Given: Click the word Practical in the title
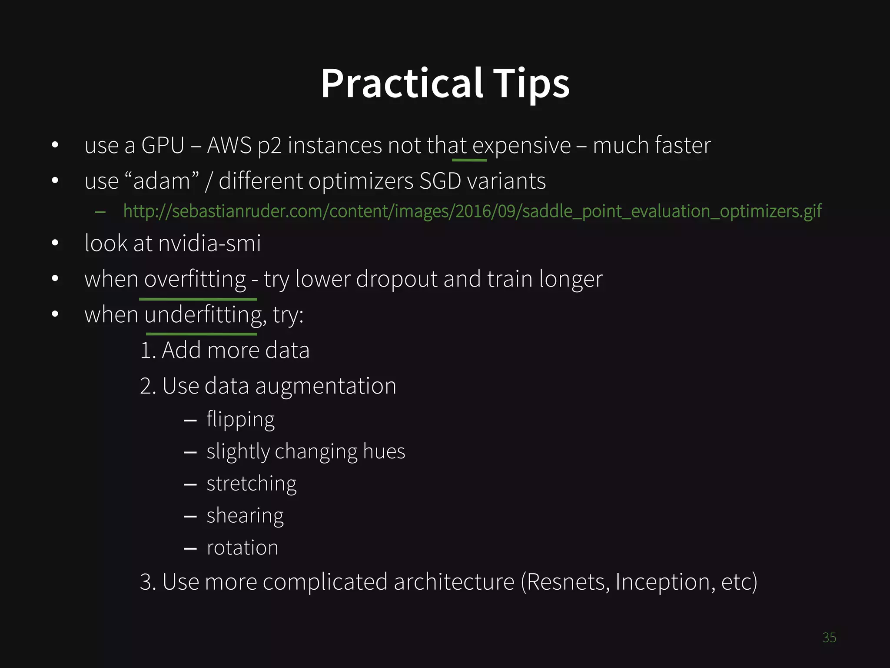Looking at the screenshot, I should (x=402, y=83).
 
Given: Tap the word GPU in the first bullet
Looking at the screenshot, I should (x=163, y=145).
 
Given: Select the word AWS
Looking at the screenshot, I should (x=229, y=145).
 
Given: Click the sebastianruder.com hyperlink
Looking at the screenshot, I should (x=472, y=211).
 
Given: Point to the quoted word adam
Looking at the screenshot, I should (x=162, y=181).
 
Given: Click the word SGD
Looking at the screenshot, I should (x=440, y=181).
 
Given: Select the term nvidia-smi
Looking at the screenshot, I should (x=209, y=243).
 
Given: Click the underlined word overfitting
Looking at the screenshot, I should (x=195, y=279).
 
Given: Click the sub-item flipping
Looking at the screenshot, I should (x=240, y=420).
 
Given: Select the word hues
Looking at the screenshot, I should (x=384, y=451).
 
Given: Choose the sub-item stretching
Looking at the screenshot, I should (x=251, y=484).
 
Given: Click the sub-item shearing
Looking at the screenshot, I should (x=245, y=516).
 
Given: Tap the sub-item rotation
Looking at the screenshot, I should (x=242, y=548).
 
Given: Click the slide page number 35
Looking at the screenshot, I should (x=829, y=638).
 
